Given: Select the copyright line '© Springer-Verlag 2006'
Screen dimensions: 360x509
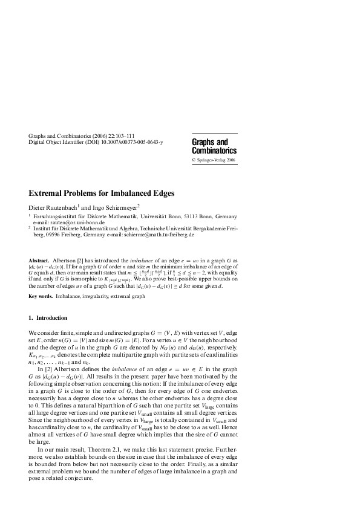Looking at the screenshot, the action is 214,160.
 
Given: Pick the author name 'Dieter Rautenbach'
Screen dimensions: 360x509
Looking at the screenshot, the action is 53,207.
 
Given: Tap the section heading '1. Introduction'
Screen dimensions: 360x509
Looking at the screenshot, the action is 48,318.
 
